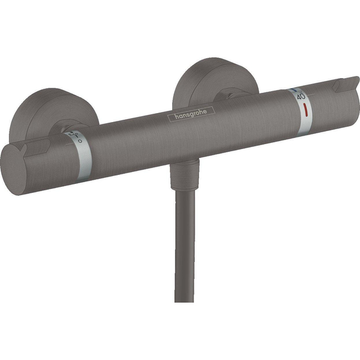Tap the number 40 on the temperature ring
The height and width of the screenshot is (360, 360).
[296, 96]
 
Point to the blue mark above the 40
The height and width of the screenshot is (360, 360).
[295, 89]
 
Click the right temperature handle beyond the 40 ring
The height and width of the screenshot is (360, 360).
[332, 104]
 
